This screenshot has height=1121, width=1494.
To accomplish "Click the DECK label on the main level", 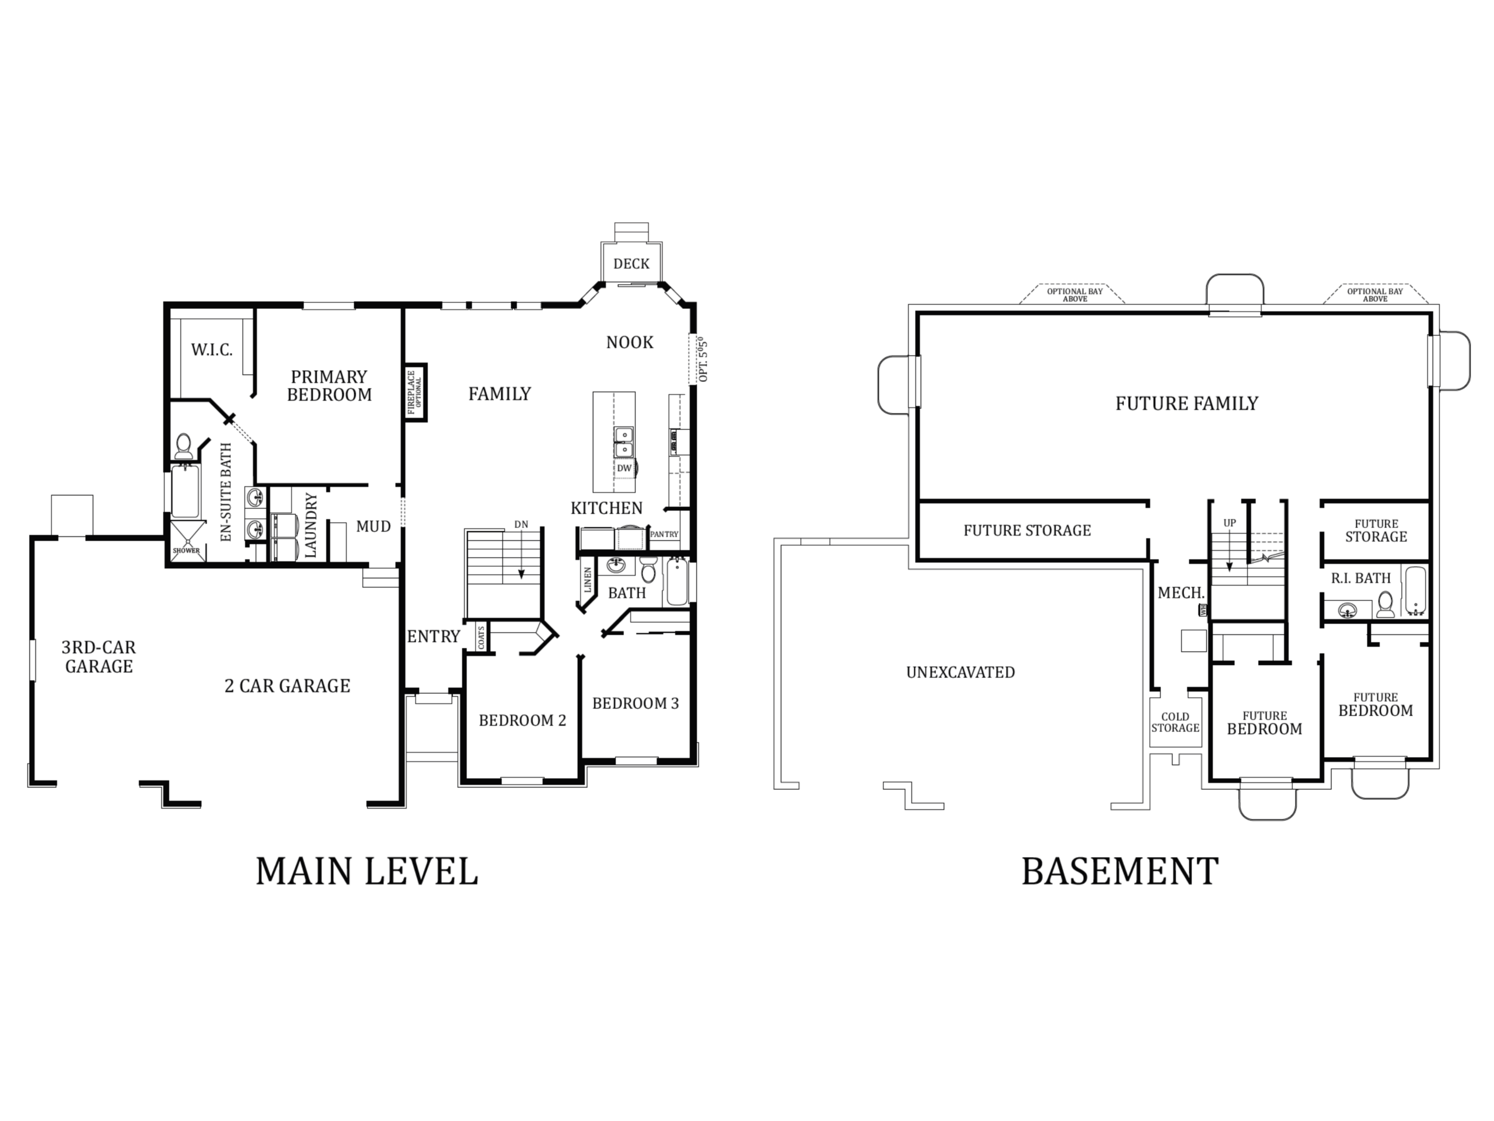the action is (631, 263).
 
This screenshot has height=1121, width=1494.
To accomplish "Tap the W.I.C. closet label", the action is (211, 349).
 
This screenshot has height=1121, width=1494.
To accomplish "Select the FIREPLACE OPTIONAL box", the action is (415, 392).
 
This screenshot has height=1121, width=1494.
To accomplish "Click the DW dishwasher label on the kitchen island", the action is (624, 468).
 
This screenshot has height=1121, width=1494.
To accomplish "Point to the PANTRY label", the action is (664, 534).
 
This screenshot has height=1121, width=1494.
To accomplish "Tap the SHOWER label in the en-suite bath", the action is (186, 551).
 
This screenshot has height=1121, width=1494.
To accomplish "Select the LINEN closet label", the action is (588, 580).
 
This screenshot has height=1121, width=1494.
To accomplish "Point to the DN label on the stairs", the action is (521, 524).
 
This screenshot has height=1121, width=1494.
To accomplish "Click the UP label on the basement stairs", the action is (1229, 523).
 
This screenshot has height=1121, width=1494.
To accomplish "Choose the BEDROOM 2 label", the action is (522, 720).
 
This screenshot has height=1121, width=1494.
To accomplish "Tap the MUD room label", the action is (373, 525).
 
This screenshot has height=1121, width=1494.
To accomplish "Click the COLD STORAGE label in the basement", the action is (1175, 722).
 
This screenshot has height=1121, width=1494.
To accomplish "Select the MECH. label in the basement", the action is (1181, 593).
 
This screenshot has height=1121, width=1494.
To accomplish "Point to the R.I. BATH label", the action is (1361, 578).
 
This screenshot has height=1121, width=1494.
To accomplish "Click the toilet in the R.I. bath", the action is (1385, 604).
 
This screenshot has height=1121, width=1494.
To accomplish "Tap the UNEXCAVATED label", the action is (961, 673).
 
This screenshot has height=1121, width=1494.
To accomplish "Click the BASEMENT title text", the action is (1120, 871).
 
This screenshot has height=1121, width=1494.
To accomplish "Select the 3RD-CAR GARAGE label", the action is (99, 657).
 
